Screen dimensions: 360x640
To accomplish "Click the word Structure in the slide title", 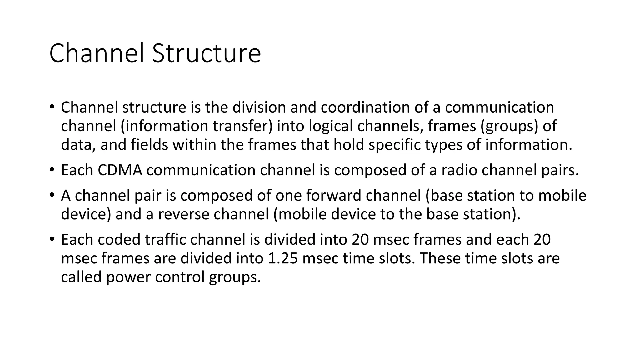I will coord(206,54).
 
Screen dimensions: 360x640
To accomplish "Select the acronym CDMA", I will coord(120,170).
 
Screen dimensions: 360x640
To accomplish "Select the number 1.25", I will coord(283,258).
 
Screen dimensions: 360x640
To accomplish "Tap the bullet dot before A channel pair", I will coord(52,195).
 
